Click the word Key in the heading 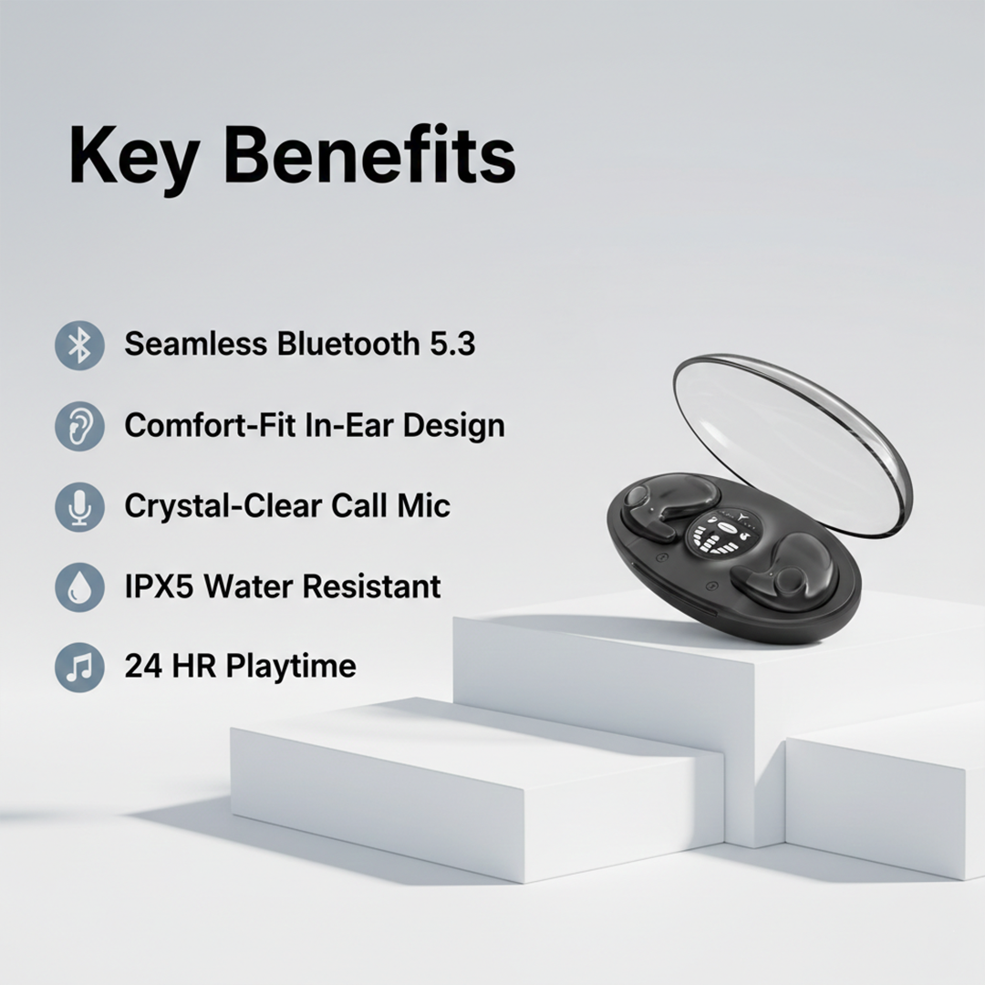click(x=130, y=157)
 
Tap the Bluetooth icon click(x=79, y=346)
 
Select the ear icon click(x=79, y=426)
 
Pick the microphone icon click(x=79, y=506)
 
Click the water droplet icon click(x=79, y=586)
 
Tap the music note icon click(x=79, y=667)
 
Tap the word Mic click(x=425, y=505)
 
